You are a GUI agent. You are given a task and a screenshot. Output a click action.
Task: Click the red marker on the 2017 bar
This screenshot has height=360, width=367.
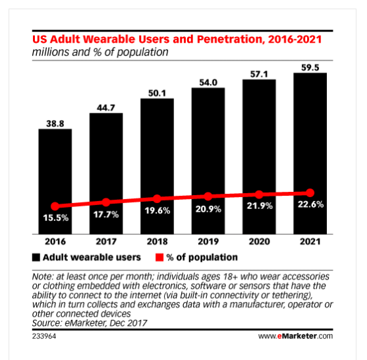click(106, 202)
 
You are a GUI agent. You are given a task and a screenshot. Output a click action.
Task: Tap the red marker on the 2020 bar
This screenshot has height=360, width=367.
click(259, 195)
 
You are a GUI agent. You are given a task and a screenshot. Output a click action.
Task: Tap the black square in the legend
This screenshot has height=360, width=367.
click(36, 257)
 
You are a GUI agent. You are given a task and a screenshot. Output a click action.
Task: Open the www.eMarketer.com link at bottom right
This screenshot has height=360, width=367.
click(296, 336)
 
